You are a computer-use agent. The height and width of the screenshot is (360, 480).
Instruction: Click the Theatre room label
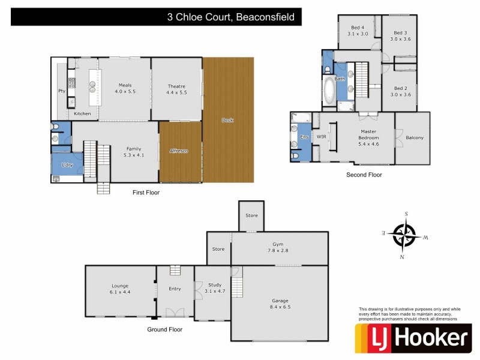click(176, 89)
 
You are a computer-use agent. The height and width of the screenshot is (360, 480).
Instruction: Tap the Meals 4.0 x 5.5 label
click(125, 89)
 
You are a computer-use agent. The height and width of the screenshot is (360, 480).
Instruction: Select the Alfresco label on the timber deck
click(179, 151)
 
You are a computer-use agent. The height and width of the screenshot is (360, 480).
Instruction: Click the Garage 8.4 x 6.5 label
click(280, 304)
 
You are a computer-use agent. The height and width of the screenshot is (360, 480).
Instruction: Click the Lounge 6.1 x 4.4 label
click(120, 289)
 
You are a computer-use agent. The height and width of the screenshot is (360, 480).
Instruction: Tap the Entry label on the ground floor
click(175, 289)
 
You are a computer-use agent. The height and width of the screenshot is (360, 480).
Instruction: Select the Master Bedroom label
click(368, 137)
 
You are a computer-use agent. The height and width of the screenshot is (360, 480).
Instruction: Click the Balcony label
click(415, 137)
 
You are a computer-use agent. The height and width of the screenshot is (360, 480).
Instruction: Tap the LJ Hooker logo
click(412, 339)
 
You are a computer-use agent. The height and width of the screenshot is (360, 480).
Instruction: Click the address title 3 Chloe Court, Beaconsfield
click(231, 17)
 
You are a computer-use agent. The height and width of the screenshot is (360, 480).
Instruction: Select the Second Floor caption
click(364, 175)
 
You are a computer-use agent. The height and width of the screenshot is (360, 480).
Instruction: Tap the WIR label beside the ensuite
click(321, 136)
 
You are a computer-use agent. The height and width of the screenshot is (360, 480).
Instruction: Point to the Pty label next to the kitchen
click(61, 91)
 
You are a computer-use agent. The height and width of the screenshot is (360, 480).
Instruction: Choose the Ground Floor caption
click(165, 329)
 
